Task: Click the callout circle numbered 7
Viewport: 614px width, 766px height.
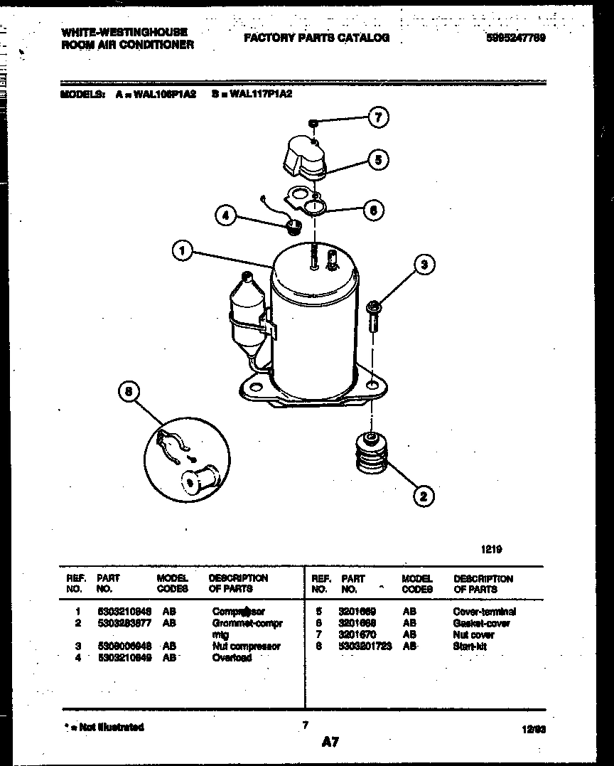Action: click(379, 117)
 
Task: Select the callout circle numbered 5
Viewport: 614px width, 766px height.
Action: click(379, 161)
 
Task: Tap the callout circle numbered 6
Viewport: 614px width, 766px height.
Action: click(374, 209)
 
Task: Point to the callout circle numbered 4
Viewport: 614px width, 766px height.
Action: click(226, 214)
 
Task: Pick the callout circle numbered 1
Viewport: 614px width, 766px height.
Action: click(183, 250)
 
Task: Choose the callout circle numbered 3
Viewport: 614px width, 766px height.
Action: click(424, 265)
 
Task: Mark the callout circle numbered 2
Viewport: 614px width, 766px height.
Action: click(423, 496)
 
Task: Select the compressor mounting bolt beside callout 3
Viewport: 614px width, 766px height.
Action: click(372, 317)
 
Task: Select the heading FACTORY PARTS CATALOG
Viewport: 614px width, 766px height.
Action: click(316, 38)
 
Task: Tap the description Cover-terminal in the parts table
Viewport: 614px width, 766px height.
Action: click(484, 612)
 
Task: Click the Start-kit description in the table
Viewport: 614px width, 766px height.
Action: click(470, 646)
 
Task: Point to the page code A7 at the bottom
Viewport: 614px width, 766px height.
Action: click(330, 743)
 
